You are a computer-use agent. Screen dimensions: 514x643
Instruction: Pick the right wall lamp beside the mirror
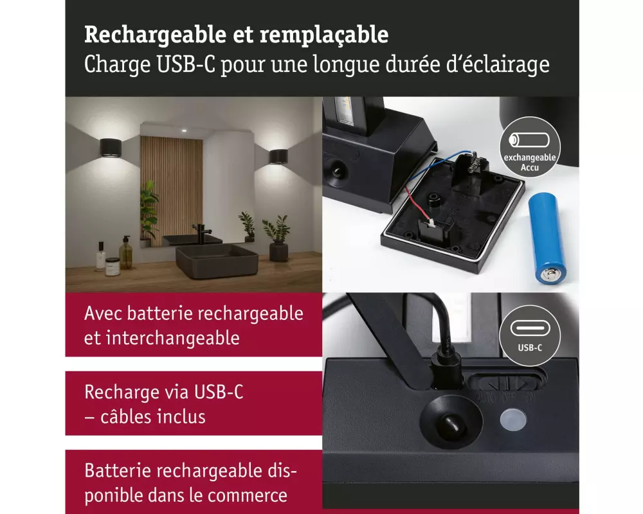click(278, 156)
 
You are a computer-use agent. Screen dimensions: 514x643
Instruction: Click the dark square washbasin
click(217, 260)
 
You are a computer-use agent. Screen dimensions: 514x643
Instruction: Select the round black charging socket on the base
click(449, 424)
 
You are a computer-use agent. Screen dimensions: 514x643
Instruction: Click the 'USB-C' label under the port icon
click(530, 348)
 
